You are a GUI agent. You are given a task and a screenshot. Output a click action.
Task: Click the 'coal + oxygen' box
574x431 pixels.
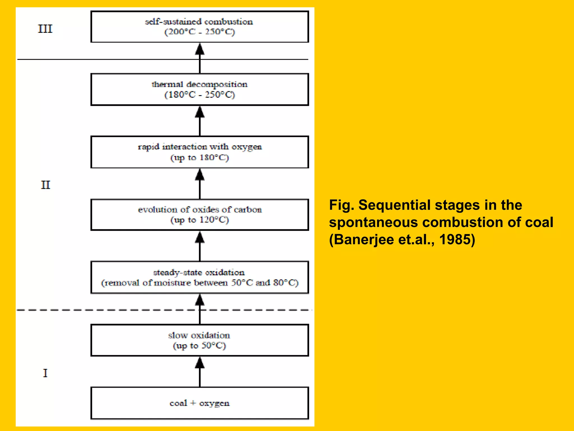pyautogui.click(x=200, y=403)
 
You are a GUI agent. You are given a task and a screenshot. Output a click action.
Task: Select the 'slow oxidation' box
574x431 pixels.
pyautogui.click(x=200, y=340)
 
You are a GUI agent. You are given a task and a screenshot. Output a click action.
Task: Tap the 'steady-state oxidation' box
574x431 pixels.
pyautogui.click(x=200, y=277)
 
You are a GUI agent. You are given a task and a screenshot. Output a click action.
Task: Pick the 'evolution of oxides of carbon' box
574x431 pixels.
pyautogui.click(x=200, y=215)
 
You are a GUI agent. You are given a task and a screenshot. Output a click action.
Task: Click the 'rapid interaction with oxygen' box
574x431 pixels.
pyautogui.click(x=200, y=152)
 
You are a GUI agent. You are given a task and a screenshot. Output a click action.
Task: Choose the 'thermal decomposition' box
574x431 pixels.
pyautogui.click(x=200, y=89)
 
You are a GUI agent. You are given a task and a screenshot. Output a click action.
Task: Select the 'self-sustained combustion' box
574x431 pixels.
pyautogui.click(x=200, y=27)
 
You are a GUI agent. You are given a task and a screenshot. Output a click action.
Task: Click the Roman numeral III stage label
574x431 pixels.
pyautogui.click(x=45, y=29)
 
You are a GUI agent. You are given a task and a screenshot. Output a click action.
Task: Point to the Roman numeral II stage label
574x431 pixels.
pyautogui.click(x=45, y=185)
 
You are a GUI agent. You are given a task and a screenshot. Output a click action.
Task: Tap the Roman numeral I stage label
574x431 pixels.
pyautogui.click(x=45, y=373)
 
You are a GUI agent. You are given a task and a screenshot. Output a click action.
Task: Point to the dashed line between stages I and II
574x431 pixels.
pyautogui.click(x=112, y=310)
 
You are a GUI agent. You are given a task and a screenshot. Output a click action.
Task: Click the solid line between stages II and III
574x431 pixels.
pyautogui.click(x=112, y=59)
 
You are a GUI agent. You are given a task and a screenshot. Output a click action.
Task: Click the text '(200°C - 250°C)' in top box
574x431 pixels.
pyautogui.click(x=200, y=32)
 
